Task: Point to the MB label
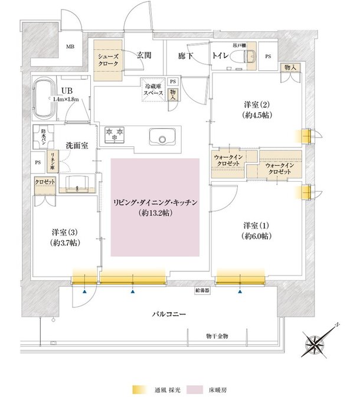coord(70,47)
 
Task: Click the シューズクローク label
coord(109,60)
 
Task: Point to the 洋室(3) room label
coord(66,238)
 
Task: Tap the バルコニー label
coord(169,314)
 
